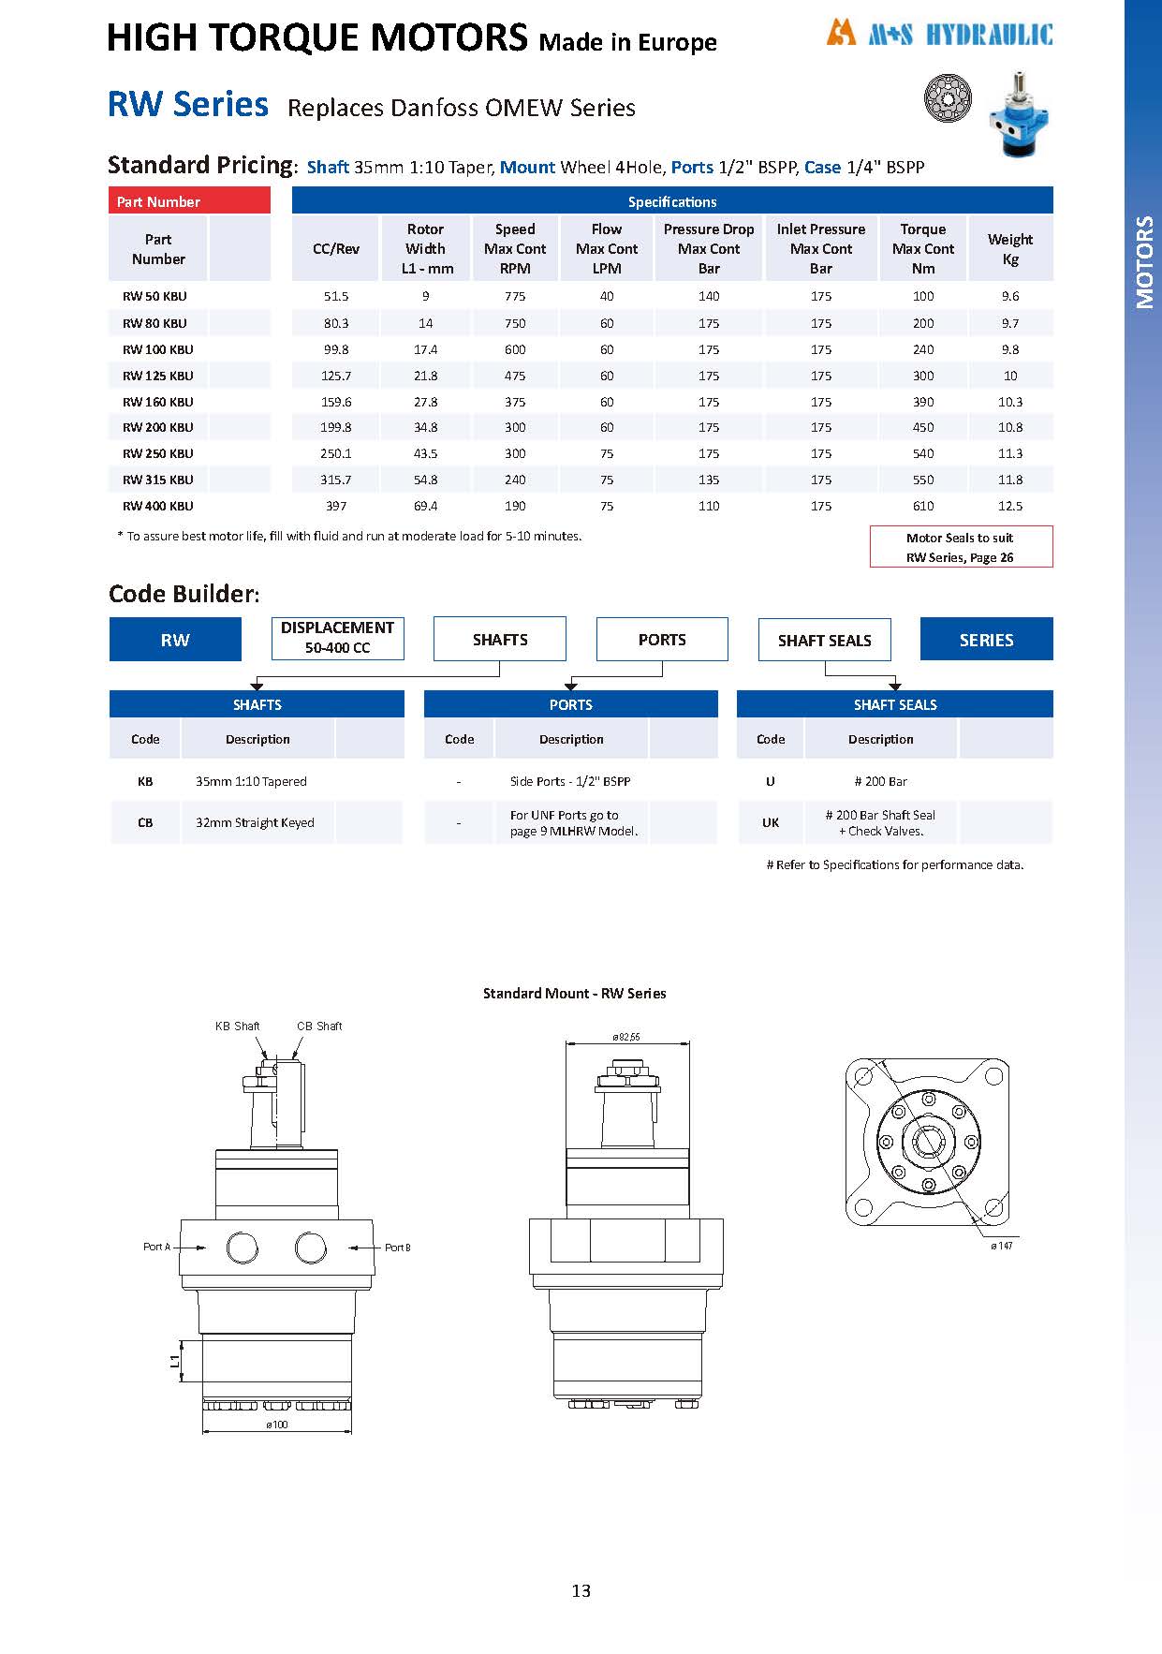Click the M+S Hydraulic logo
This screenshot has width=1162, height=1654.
(939, 35)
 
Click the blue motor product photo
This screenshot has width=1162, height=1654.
(1019, 111)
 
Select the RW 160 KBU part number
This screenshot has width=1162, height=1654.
(158, 402)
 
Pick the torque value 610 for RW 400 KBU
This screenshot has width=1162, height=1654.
(923, 506)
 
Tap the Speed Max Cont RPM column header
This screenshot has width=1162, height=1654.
(515, 248)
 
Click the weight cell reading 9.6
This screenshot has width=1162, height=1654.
(1010, 296)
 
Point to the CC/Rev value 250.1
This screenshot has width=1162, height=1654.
(336, 453)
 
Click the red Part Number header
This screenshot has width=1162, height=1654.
(189, 201)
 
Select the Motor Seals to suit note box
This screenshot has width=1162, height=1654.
(961, 547)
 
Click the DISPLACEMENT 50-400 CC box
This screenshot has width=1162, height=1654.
(337, 638)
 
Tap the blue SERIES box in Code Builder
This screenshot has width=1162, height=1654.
(986, 640)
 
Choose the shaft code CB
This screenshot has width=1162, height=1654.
(145, 822)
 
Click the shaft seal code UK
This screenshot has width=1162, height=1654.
(771, 822)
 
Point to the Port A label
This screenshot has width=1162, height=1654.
(156, 1247)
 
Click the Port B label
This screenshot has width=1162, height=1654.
(398, 1248)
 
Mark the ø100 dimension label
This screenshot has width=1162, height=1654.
(277, 1425)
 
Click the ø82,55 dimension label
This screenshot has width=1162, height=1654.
(626, 1037)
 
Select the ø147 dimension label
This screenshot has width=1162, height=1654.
(1002, 1246)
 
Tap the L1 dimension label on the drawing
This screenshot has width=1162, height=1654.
(175, 1360)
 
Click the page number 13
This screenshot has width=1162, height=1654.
(581, 1590)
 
